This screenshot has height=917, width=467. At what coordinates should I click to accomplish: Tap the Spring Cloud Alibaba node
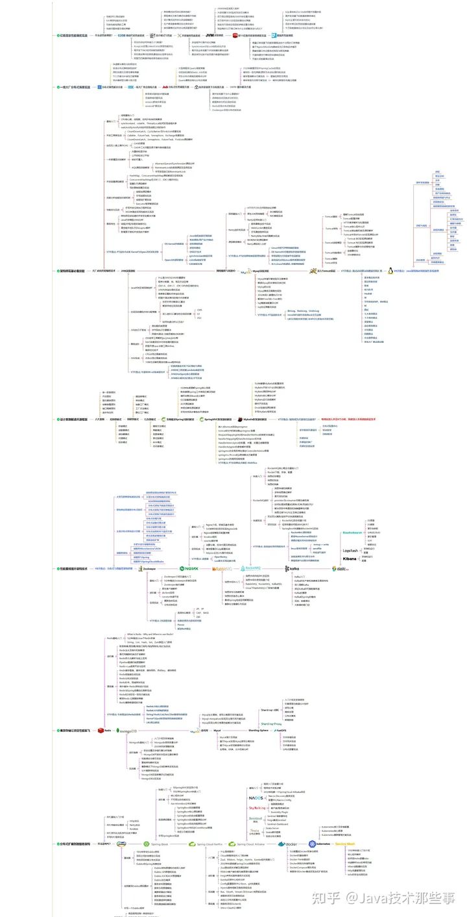[x=248, y=844]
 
